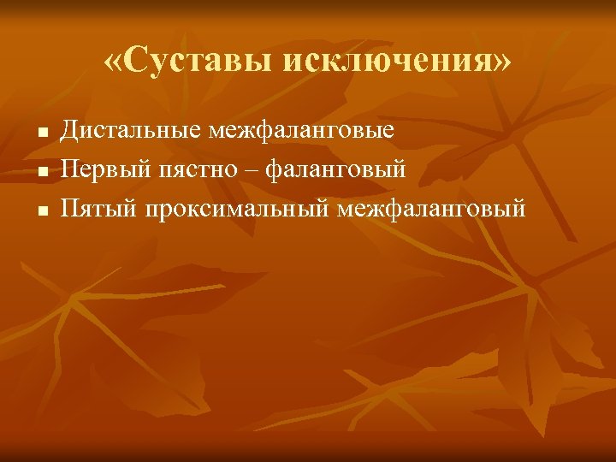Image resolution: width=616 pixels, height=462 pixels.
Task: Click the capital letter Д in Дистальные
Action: [x=70, y=132]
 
